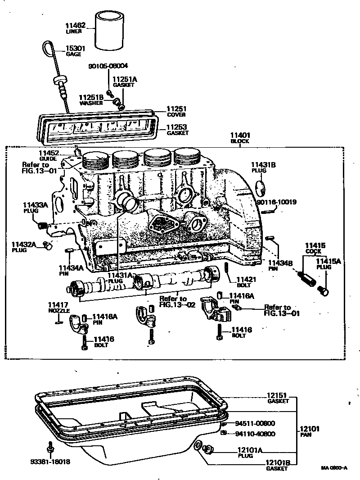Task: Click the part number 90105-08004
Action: pyautogui.click(x=108, y=66)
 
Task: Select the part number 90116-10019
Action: pyautogui.click(x=276, y=202)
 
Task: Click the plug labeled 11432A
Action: pyautogui.click(x=48, y=245)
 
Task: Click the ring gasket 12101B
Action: pyautogui.click(x=197, y=446)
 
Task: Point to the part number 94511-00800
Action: pyautogui.click(x=255, y=423)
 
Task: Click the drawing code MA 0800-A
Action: pyautogui.click(x=334, y=468)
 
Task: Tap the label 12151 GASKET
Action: pyautogui.click(x=278, y=398)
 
